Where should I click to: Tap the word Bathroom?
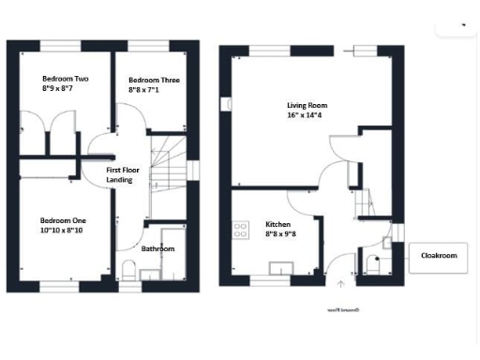pos(157,249)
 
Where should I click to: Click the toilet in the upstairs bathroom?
pos(128,271)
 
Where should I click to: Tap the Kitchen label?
pos(277,225)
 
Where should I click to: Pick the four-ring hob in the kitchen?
pos(239,228)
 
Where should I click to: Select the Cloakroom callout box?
pos(438,256)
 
